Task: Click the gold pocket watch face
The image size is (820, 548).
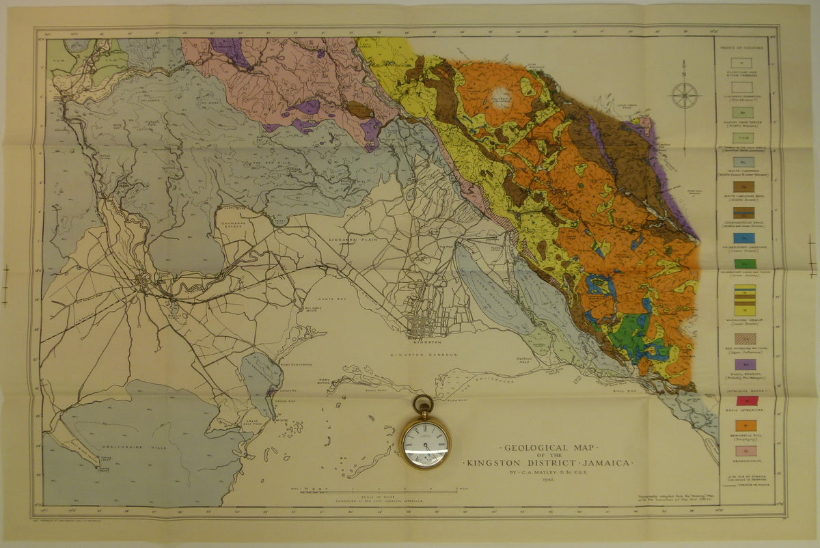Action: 424,443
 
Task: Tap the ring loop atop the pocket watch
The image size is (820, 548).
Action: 423,404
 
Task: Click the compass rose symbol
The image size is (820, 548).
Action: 684,95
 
